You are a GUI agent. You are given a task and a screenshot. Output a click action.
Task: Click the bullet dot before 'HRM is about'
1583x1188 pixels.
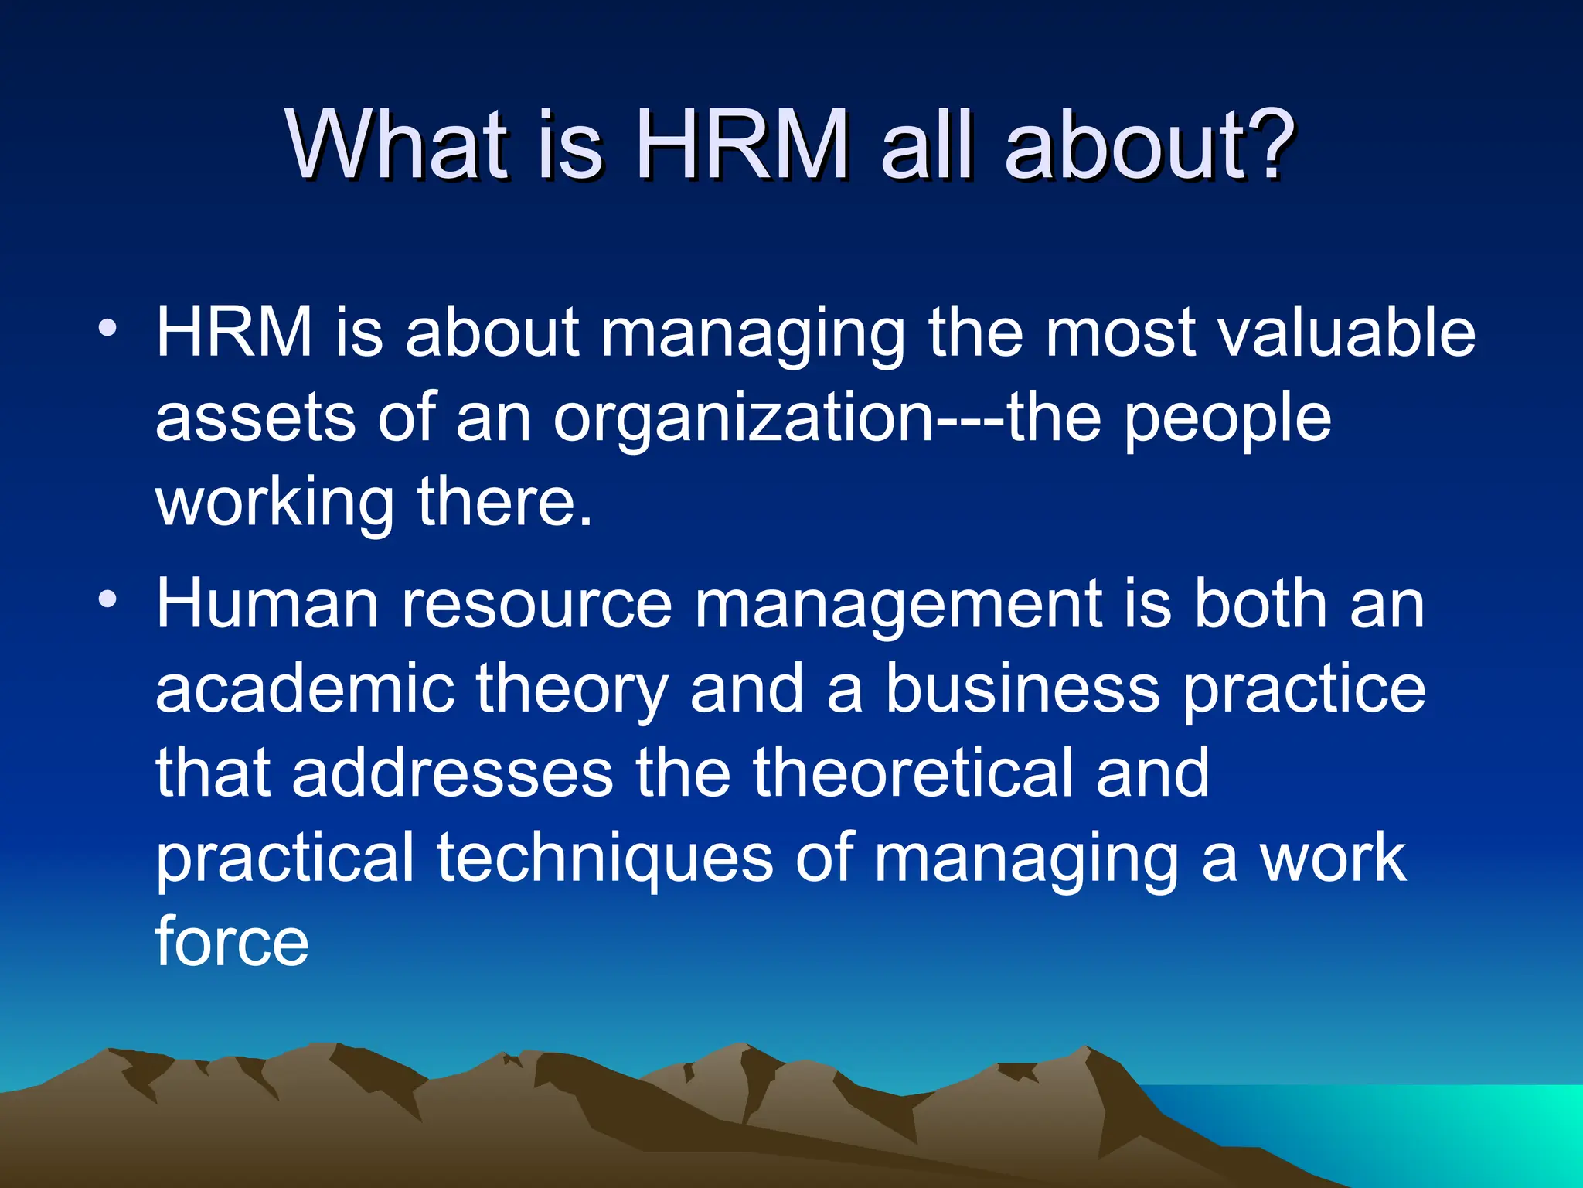tap(107, 328)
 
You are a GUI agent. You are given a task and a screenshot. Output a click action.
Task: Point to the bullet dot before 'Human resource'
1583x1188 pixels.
tap(107, 599)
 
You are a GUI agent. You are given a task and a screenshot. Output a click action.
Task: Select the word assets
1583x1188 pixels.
tap(255, 418)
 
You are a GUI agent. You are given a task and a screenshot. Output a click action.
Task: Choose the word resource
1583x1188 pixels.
tap(536, 606)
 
